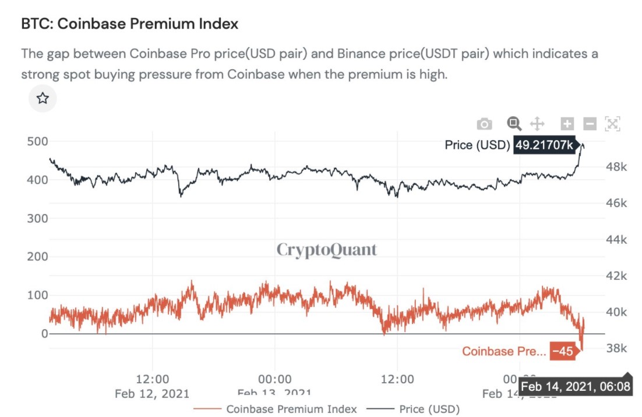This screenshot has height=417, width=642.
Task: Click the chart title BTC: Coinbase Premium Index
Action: point(129,24)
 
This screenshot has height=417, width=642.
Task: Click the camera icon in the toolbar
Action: point(484,124)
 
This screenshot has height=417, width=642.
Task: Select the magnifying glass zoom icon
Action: point(513,123)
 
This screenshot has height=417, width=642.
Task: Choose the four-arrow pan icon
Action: point(537,123)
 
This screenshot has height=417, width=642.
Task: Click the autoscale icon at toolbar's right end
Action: point(612,123)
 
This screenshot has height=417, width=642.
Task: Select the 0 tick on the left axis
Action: point(44,333)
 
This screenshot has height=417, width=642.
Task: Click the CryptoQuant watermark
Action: point(326,250)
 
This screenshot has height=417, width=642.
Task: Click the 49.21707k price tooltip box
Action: point(543,145)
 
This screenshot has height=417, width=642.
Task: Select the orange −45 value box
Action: point(563,351)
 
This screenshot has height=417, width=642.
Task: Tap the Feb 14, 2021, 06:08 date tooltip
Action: point(575,387)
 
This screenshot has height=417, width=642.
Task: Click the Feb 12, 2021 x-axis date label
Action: point(152,393)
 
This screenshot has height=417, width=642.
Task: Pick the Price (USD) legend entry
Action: point(429,409)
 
